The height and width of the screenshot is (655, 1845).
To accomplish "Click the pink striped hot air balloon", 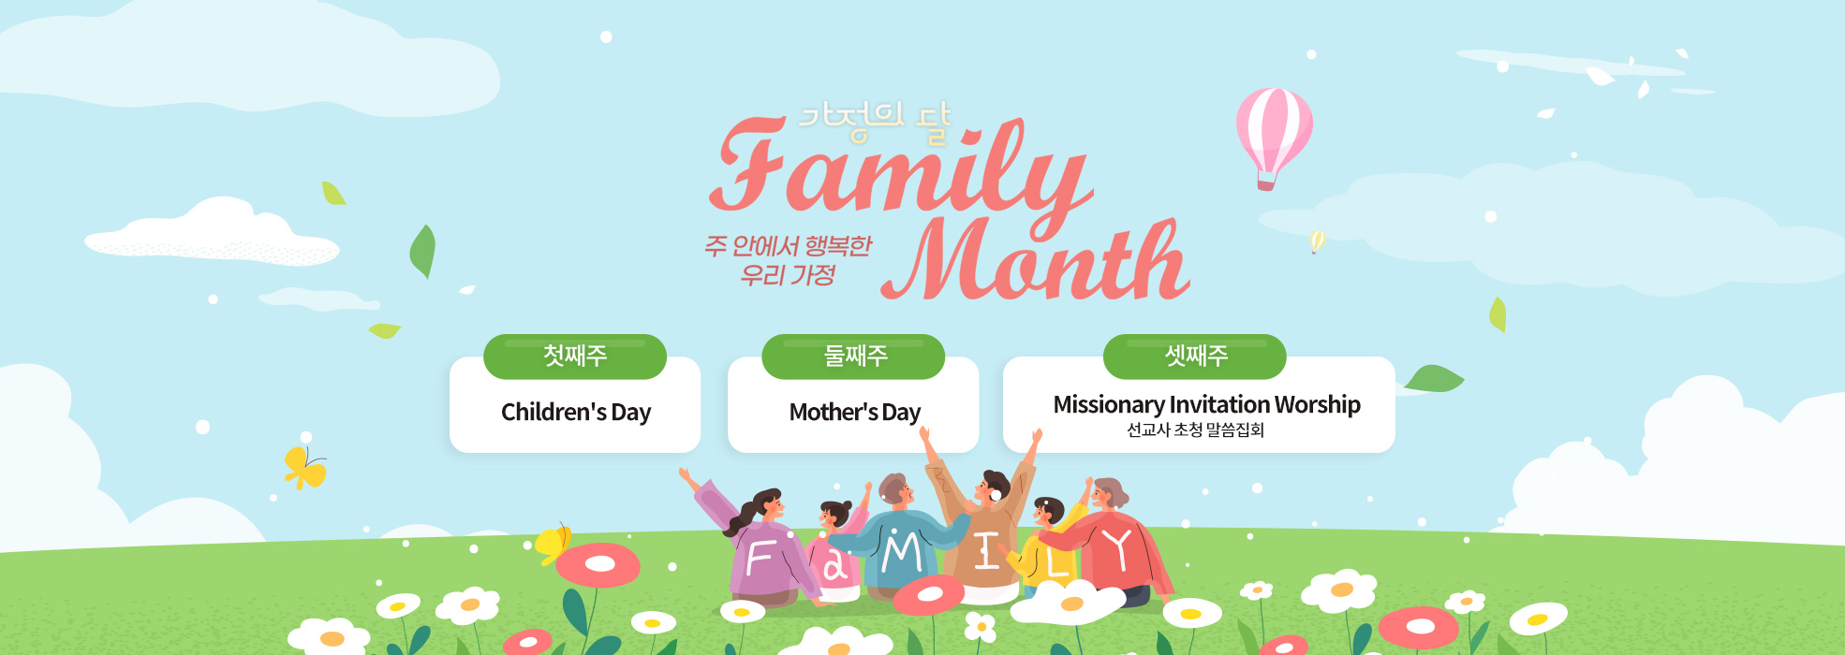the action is tap(1273, 137).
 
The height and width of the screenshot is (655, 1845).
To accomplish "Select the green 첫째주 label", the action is tap(575, 357).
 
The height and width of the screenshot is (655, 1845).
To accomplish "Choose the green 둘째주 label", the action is tap(853, 357).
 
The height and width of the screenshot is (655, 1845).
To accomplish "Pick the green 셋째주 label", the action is tap(1195, 357).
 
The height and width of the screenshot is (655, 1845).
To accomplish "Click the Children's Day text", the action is tap(576, 412).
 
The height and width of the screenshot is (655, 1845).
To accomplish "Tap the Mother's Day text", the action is tap(855, 412).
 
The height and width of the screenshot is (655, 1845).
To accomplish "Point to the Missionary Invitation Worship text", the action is tap(1206, 404).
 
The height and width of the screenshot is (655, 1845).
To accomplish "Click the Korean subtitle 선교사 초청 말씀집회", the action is tap(1195, 429).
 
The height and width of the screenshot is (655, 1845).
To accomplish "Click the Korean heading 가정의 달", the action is tap(874, 123).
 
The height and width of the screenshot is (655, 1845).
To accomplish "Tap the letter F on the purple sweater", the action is tap(759, 559).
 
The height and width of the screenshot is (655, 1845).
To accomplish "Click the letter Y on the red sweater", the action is tap(1117, 549).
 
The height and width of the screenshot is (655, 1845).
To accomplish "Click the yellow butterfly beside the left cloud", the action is tap(304, 467).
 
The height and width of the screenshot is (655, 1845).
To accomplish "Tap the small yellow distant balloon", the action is tap(1317, 241).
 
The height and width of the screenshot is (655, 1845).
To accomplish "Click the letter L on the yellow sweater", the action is tap(1056, 561).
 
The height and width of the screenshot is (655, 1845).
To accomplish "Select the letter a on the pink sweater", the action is tap(834, 565).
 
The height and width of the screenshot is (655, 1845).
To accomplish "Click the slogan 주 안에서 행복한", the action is tap(788, 246).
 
